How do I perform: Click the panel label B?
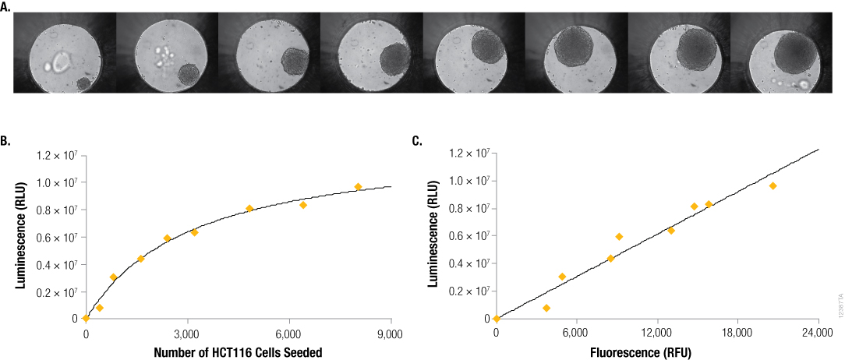pyautogui.click(x=5, y=141)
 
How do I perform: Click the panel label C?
pyautogui.click(x=417, y=141)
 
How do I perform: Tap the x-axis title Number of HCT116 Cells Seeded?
pyautogui.click(x=239, y=352)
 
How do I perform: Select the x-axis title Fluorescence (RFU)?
pyautogui.click(x=657, y=352)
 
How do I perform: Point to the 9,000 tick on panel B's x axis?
pyautogui.click(x=390, y=334)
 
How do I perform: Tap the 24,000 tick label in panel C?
pyautogui.click(x=818, y=334)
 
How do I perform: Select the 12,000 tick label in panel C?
pyautogui.click(x=657, y=334)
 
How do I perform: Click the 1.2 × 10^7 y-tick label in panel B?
pyautogui.click(x=58, y=155)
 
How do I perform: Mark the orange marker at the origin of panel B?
pyautogui.click(x=86, y=318)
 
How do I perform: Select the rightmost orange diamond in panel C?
pyautogui.click(x=773, y=185)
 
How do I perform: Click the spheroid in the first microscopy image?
pyautogui.click(x=83, y=83)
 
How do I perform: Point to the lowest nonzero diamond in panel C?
pyautogui.click(x=546, y=308)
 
